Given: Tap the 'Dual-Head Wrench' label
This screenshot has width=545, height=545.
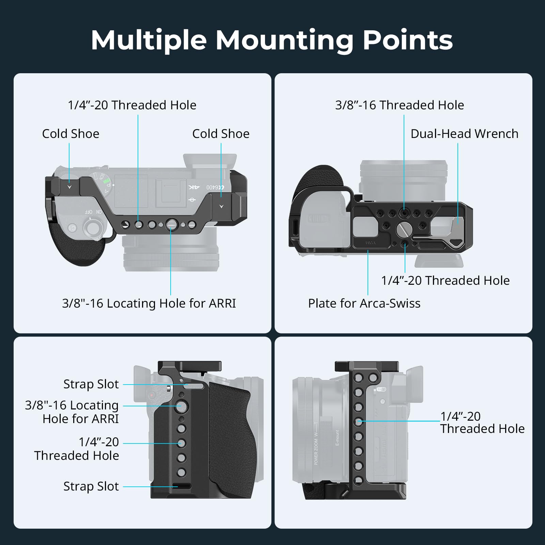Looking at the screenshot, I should coord(464,134).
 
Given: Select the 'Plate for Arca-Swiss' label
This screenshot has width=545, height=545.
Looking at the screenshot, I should coord(364,303).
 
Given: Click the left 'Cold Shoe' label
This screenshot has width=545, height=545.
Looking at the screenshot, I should coord(71,134).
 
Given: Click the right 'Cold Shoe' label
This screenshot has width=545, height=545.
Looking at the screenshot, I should coord(221,134).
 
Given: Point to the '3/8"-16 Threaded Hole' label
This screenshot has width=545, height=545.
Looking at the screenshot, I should coord(400,105).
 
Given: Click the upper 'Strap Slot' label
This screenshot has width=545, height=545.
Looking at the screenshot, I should coord(91,384).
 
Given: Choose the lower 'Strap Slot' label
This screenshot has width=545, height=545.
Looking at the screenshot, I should coord(91,486).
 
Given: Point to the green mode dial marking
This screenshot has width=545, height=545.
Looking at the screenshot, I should coord(107,183).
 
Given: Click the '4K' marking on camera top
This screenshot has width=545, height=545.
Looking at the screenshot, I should coord(194,187).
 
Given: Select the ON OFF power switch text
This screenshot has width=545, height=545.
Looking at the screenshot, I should coord(93,212).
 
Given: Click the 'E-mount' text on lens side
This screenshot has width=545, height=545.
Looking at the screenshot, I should coord(337,438).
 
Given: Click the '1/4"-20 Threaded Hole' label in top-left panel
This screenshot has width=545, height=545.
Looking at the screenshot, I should coord(132,105).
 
